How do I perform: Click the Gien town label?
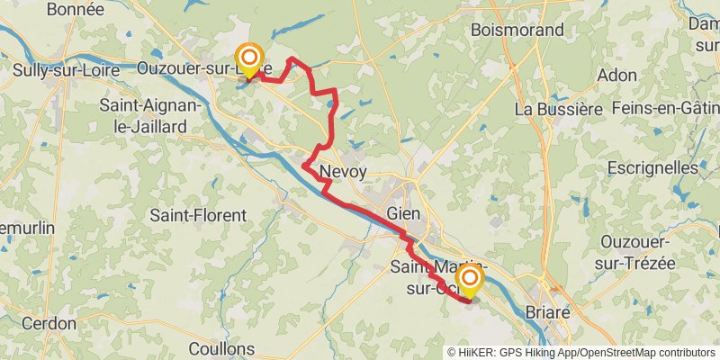403,214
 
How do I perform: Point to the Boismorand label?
511,29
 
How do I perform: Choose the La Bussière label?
558,108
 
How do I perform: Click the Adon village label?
616,76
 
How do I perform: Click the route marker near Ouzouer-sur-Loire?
248,61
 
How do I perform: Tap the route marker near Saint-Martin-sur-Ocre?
469,281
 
